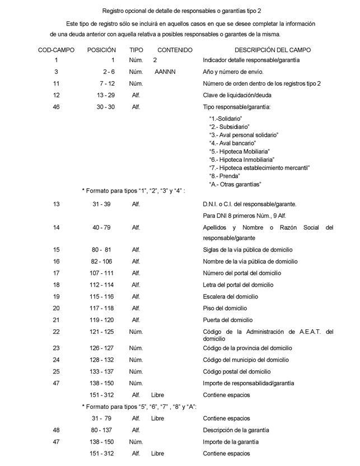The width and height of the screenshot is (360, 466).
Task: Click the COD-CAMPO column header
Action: [56, 50]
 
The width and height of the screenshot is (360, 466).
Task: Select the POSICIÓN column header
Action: [101, 50]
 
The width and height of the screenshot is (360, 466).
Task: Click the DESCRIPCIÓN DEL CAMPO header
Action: [272, 50]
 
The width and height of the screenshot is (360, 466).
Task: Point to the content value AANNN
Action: [166, 72]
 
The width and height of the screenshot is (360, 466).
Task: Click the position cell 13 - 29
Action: [105, 95]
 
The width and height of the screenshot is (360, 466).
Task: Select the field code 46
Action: [56, 107]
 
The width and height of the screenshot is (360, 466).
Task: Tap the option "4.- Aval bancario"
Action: [231, 143]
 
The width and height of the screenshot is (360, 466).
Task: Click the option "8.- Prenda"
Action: [224, 176]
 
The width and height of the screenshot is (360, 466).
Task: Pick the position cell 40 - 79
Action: [105, 228]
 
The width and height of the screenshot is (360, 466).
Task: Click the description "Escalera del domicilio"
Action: [230, 296]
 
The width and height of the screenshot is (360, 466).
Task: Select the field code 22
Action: [56, 332]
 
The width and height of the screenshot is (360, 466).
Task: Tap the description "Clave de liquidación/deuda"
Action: [237, 95]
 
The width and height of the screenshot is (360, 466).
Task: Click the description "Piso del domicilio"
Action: [225, 308]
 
